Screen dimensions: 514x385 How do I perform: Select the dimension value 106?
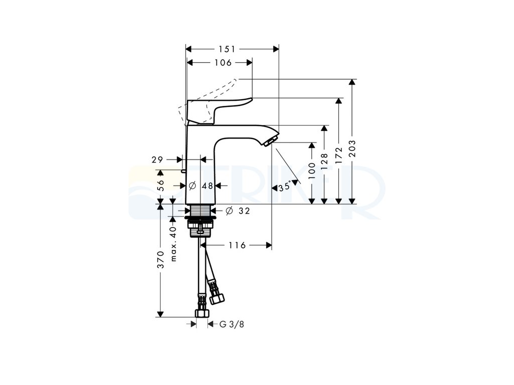point(222,63)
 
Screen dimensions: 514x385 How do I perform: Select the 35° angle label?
point(284,187)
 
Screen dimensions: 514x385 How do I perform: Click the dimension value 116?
point(236,245)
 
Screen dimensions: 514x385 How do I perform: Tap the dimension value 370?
point(161,260)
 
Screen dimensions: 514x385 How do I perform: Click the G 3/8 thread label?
point(232,324)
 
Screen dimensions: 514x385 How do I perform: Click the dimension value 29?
point(157,159)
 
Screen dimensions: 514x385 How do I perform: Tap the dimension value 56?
point(161,186)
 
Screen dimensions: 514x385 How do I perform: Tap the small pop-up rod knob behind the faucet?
point(184,171)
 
